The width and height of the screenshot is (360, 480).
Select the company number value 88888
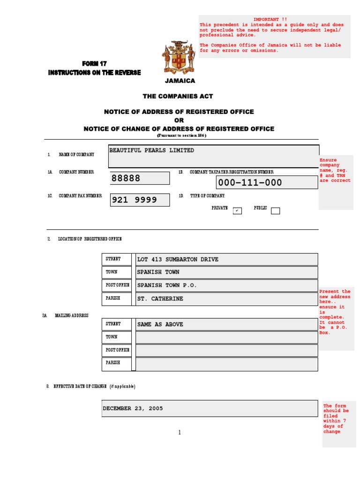click(x=126, y=179)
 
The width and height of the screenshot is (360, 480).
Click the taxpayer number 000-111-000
click(x=249, y=182)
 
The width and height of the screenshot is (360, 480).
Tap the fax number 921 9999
click(x=134, y=200)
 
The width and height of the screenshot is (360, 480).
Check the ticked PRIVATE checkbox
click(x=237, y=210)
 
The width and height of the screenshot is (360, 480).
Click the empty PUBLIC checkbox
click(x=275, y=211)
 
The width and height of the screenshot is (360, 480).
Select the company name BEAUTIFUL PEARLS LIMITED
click(x=151, y=150)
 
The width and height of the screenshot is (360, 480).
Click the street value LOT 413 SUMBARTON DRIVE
click(x=178, y=259)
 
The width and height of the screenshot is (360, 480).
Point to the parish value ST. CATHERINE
click(x=160, y=299)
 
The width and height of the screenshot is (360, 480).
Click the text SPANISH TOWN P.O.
click(x=167, y=285)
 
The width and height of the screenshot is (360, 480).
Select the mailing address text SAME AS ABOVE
click(x=160, y=324)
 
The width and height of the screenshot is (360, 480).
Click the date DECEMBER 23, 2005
click(x=133, y=408)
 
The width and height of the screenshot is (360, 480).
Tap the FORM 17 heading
click(x=94, y=64)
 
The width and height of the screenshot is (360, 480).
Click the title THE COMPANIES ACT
click(x=178, y=96)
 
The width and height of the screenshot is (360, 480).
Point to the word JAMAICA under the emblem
click(x=180, y=81)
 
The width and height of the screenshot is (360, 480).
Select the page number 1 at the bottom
click(x=179, y=432)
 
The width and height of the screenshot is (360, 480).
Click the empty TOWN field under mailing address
click(x=226, y=337)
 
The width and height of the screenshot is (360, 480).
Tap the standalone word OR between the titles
click(x=179, y=120)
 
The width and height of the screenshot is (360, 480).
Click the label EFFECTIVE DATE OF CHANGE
click(x=80, y=386)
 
